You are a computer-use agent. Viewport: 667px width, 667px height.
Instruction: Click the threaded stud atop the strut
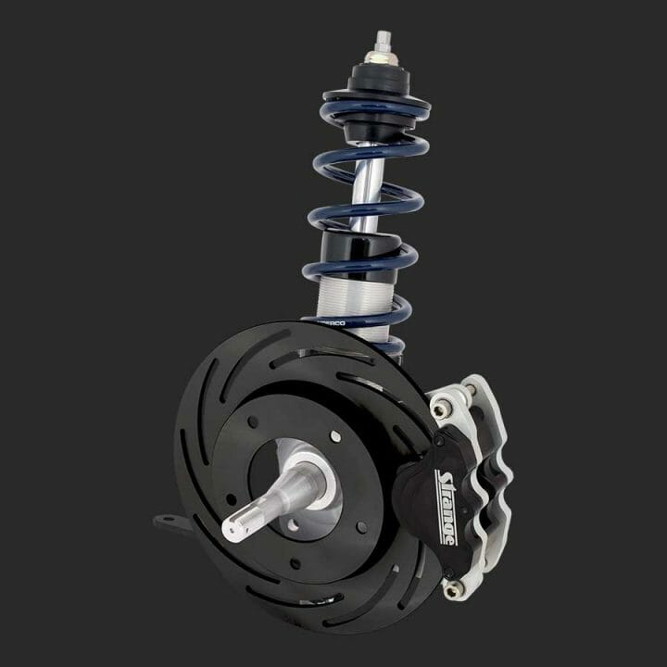381,41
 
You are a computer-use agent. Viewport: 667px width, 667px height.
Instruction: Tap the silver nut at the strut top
380,57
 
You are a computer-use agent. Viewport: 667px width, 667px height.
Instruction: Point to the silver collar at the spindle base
301,482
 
